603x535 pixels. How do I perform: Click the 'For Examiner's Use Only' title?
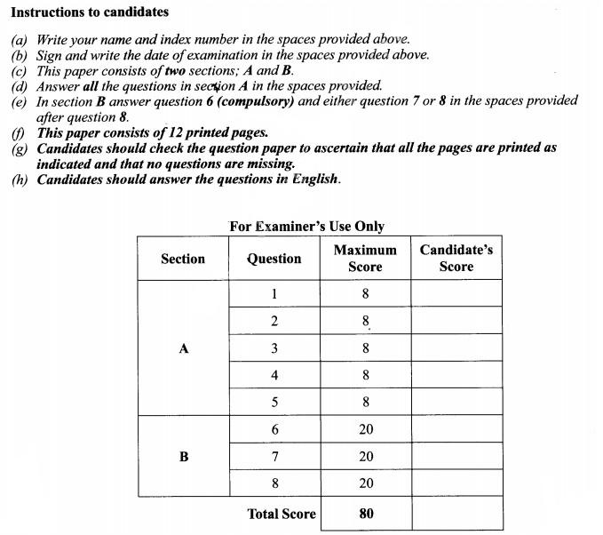306,226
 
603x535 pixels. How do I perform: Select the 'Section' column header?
183,259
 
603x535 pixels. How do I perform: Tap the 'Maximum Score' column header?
365,259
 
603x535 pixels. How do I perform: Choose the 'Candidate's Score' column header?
456,259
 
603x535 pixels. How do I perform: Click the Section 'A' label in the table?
184,349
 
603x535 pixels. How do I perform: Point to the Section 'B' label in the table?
184,457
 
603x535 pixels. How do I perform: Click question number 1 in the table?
274,294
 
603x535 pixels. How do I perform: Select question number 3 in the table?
274,348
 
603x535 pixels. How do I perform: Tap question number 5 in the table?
274,403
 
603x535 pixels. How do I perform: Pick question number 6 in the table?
274,429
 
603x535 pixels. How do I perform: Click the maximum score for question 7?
366,457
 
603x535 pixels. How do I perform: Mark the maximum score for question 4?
366,376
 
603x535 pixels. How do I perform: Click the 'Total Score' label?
282,514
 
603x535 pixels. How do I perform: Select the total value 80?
366,514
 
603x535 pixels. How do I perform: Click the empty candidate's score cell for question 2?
456,321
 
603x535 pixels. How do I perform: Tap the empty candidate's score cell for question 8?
456,483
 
